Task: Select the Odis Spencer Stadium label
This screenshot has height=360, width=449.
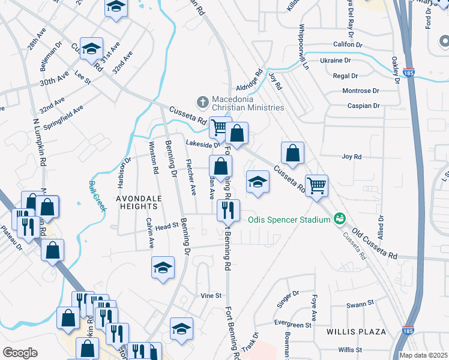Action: point(289,219)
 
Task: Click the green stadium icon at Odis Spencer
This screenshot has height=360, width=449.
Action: point(340,218)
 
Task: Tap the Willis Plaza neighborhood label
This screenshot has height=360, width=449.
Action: point(351,331)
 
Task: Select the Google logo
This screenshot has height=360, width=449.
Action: point(20,352)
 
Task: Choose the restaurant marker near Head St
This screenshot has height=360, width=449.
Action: point(228,210)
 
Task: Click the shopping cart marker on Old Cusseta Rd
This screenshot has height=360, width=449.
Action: point(316,185)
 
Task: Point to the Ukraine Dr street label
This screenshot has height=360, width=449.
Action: point(335,61)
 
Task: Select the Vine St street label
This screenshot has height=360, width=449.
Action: point(211,296)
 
